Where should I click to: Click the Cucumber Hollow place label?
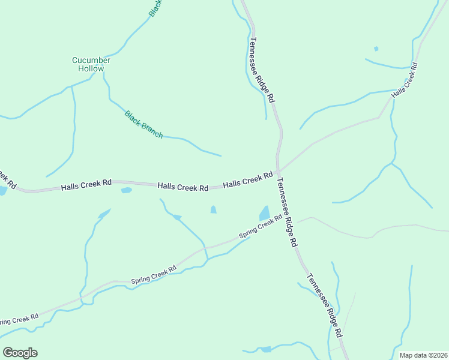[x=91, y=64]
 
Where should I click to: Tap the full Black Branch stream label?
[x=143, y=125]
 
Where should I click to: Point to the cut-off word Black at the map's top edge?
[x=155, y=8]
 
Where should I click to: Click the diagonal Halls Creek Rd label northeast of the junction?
[x=404, y=80]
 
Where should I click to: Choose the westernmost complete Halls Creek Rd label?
[x=86, y=185]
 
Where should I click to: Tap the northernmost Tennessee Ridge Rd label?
[x=262, y=70]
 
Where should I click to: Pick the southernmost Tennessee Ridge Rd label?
[x=325, y=305]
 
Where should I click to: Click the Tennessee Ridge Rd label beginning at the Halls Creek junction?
[x=287, y=213]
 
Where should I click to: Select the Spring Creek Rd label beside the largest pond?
[x=261, y=227]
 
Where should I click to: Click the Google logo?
[x=20, y=353]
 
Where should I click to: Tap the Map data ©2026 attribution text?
[x=424, y=355]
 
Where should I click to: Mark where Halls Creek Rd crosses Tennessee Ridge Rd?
[x=278, y=173]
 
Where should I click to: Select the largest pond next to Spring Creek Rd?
[x=264, y=213]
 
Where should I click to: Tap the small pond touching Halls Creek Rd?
[x=126, y=190]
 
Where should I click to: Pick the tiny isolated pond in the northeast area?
[x=376, y=49]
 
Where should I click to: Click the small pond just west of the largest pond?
[x=213, y=209]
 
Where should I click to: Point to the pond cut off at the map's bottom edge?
[x=265, y=349]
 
